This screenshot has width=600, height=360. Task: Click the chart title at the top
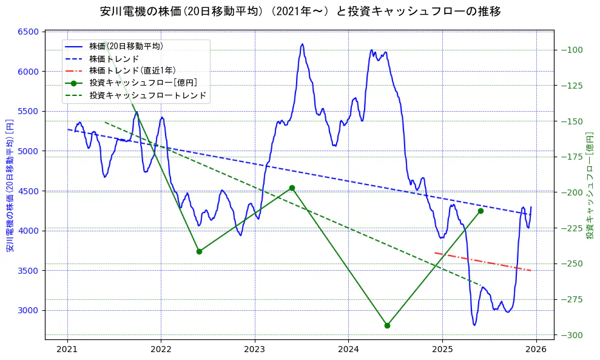click(x=300, y=11)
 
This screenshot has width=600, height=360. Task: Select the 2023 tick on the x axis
click(x=254, y=350)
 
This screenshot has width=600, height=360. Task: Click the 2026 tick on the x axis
click(x=536, y=350)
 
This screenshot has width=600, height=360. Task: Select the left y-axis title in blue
click(x=10, y=185)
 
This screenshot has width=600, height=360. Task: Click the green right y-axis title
click(x=590, y=185)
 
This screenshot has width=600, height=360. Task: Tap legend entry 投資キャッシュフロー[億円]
click(x=143, y=83)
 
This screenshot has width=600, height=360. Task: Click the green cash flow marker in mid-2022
click(x=199, y=251)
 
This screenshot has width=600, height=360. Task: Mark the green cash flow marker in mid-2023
click(x=292, y=188)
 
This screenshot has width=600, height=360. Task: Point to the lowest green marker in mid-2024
click(x=387, y=325)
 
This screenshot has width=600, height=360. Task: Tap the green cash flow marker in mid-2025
click(x=480, y=211)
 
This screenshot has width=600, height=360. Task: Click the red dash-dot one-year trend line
click(x=483, y=262)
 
